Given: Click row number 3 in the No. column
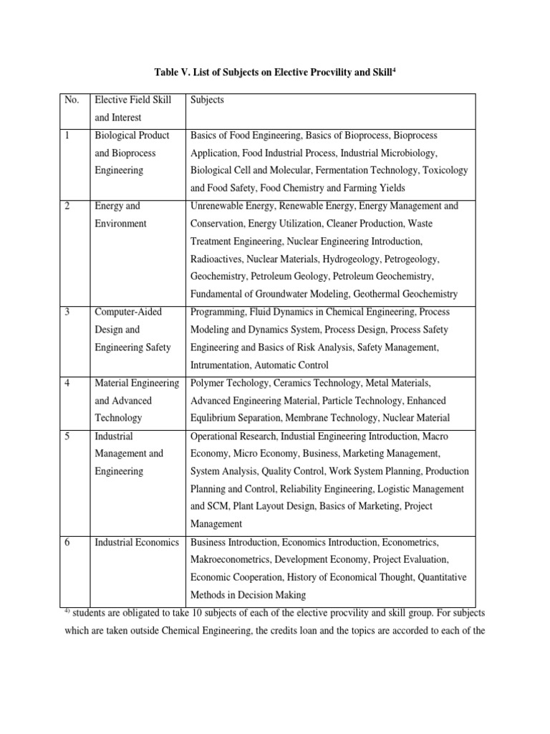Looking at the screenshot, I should click(68, 312).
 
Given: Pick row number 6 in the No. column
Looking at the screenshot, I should click(68, 542).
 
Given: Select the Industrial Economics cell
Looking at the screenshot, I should click(137, 542).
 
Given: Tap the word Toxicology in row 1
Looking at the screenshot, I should click(445, 171).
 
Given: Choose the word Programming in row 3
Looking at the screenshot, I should click(218, 312).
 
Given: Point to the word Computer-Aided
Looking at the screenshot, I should click(128, 312).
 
